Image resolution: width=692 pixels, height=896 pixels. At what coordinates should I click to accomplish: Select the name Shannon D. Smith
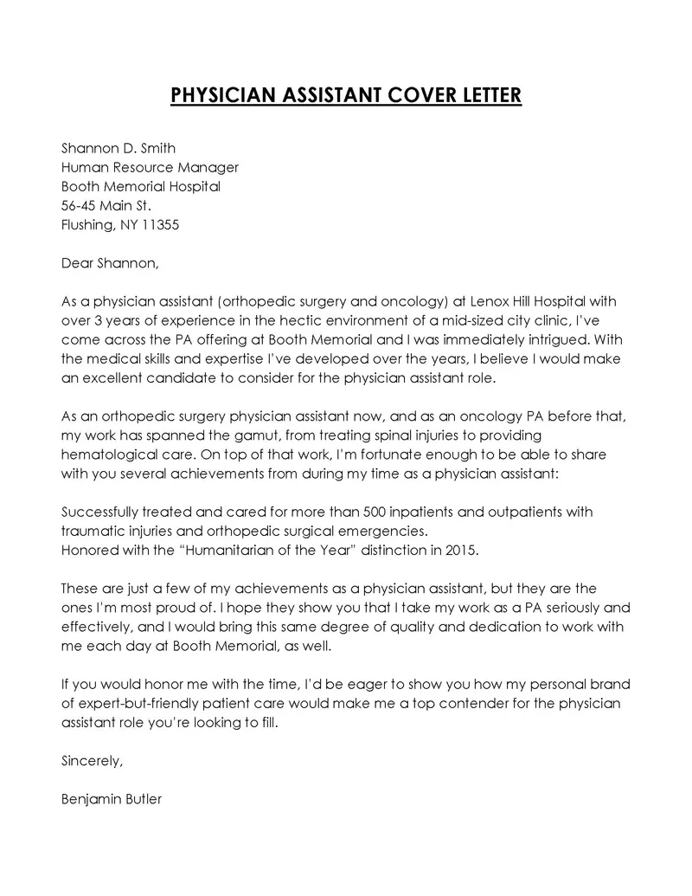click(119, 148)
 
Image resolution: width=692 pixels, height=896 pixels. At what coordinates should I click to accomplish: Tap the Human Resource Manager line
click(150, 167)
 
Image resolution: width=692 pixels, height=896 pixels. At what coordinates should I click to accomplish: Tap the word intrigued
click(562, 339)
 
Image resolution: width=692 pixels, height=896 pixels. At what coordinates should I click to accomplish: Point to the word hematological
click(112, 454)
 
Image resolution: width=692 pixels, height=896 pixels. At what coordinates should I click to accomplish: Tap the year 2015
click(458, 550)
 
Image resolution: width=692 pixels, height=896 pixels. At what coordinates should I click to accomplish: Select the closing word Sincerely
click(93, 761)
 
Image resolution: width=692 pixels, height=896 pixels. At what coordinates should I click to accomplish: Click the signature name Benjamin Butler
click(112, 799)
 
